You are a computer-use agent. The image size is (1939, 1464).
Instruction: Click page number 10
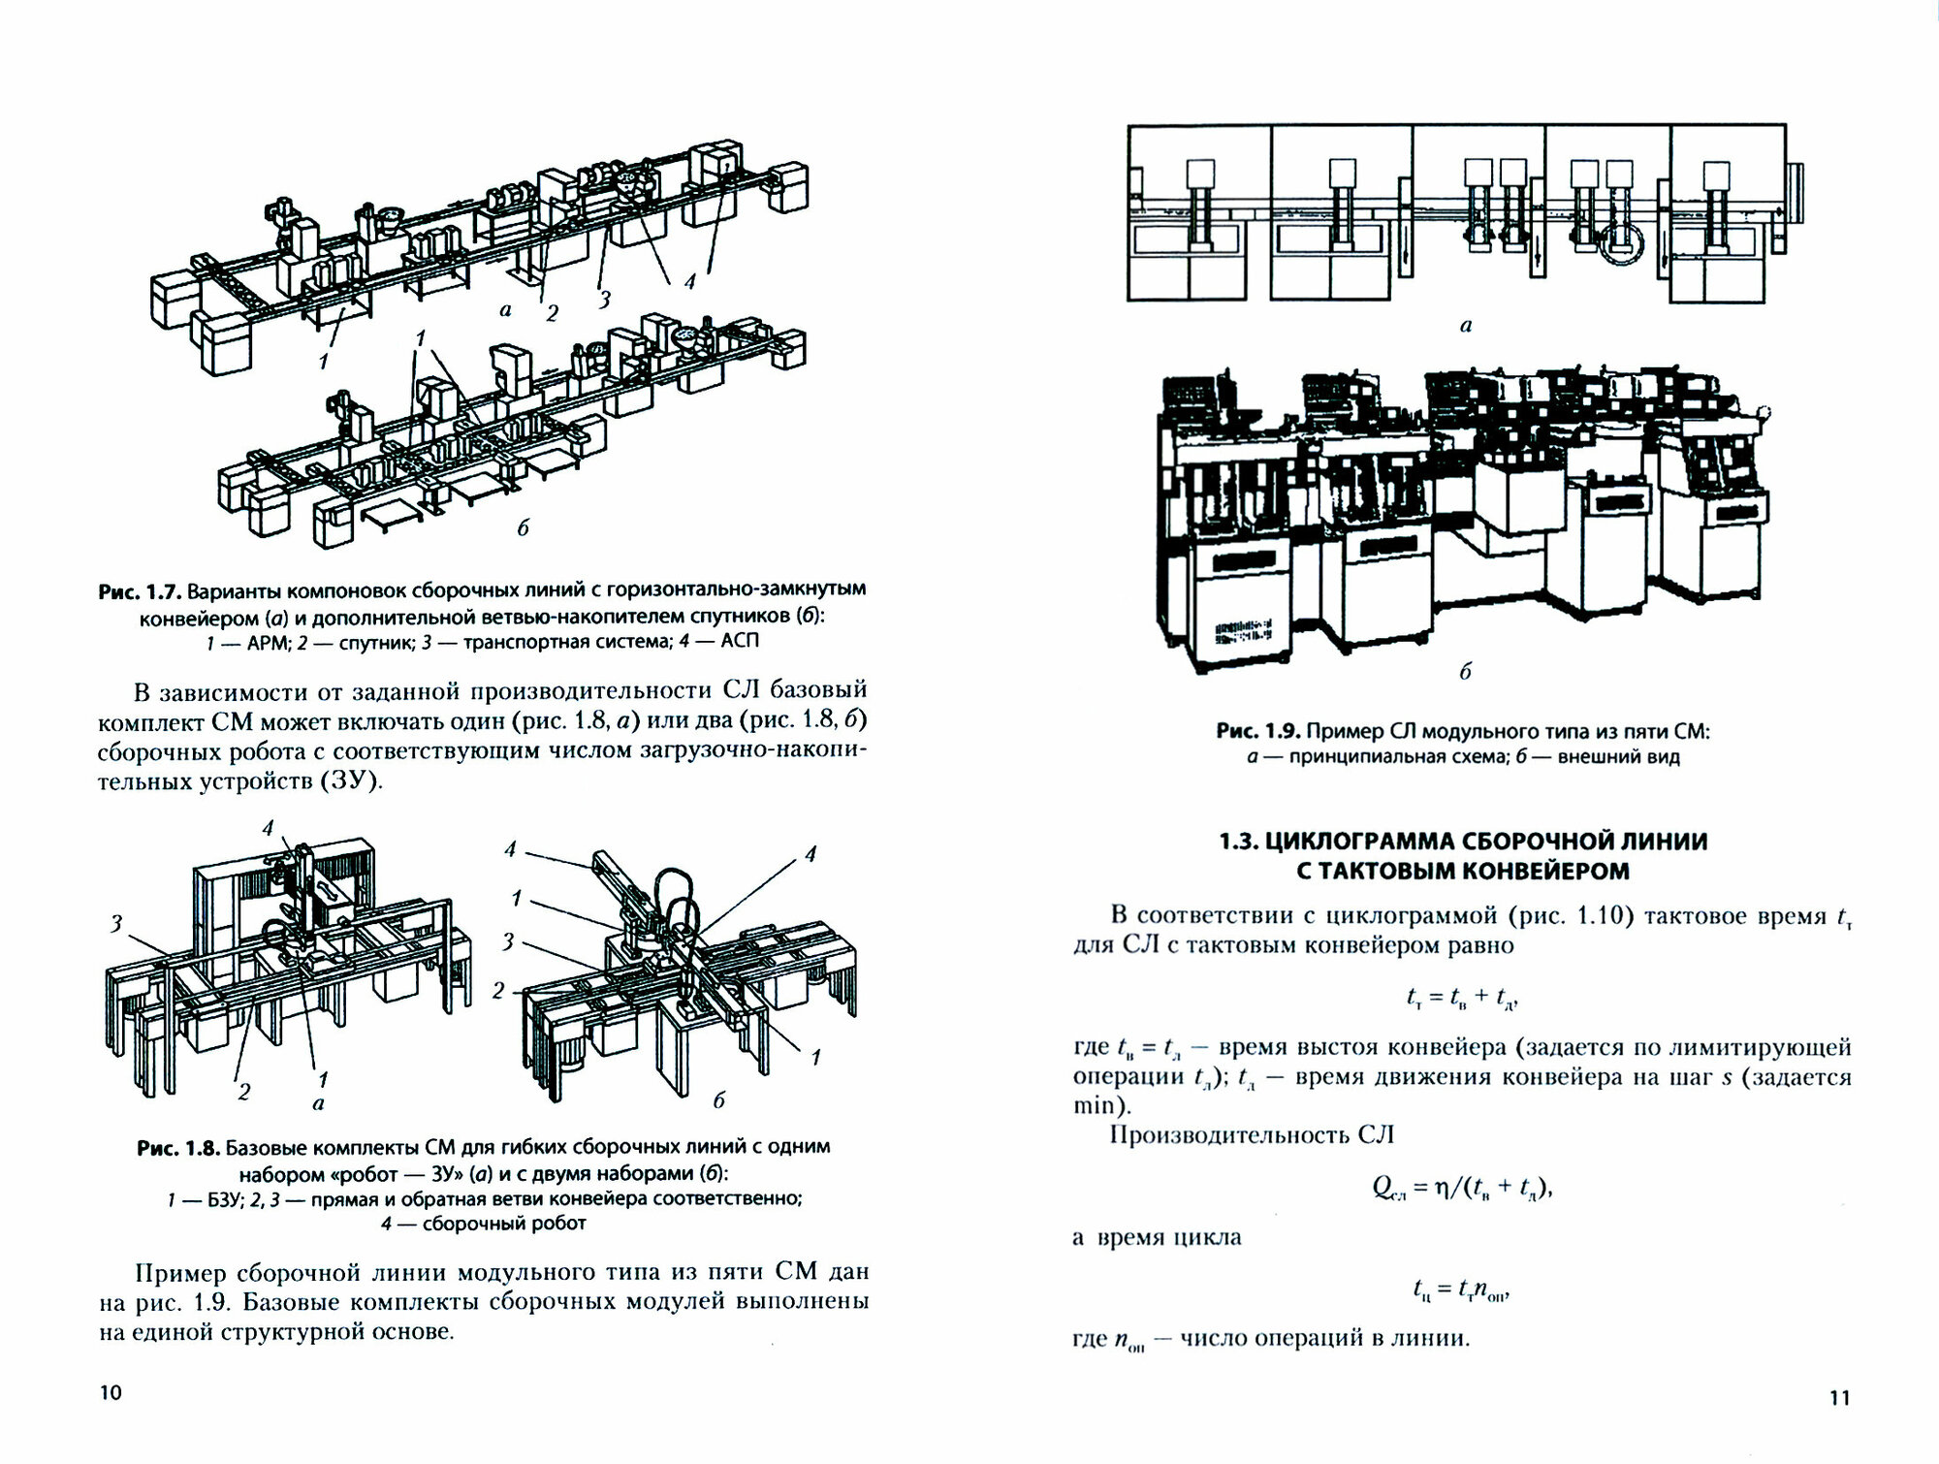[x=111, y=1393]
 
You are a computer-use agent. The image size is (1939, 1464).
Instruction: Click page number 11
[x=1839, y=1397]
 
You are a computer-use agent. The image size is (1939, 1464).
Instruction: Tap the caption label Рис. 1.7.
[x=140, y=590]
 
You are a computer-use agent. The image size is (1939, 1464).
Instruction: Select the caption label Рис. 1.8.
[x=178, y=1148]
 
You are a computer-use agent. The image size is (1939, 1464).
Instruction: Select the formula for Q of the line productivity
[x=1462, y=1189]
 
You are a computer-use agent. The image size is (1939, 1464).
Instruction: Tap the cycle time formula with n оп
[x=1462, y=1290]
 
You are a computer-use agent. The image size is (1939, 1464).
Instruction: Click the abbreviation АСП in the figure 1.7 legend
[x=741, y=641]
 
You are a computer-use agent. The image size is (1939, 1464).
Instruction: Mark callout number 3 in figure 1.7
[x=605, y=301]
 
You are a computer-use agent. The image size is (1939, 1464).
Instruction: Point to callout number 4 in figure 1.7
[x=689, y=282]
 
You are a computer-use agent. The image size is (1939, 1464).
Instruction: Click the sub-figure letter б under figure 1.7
[x=523, y=527]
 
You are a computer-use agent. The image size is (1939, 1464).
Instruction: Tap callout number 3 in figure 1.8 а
[x=116, y=923]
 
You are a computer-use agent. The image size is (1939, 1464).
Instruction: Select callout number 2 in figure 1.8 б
[x=498, y=990]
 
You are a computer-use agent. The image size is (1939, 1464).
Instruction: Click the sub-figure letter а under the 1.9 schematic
[x=1465, y=327]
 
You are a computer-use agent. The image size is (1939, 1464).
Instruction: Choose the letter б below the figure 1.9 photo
[x=1465, y=672]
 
